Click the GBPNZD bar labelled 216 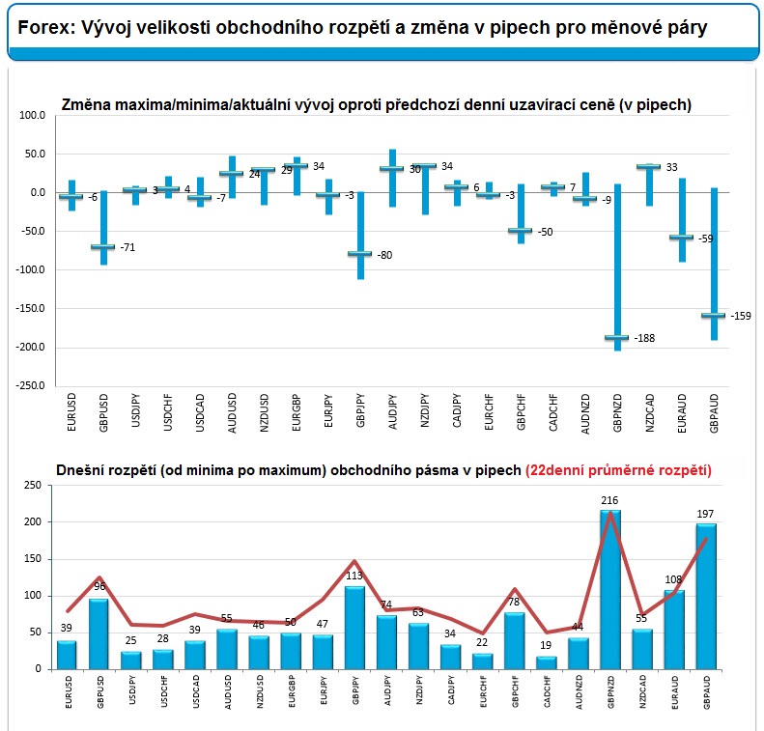[610, 589]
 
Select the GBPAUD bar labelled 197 [706, 596]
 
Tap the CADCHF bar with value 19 [547, 662]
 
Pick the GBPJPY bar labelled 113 [354, 628]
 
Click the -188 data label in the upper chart [644, 338]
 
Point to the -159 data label [741, 316]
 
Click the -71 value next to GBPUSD [127, 247]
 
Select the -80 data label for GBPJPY [384, 255]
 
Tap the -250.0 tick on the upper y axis [30, 385]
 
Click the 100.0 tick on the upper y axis [32, 116]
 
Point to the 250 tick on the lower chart [33, 485]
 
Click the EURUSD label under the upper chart [71, 412]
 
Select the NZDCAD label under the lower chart [642, 691]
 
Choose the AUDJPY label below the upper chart [393, 412]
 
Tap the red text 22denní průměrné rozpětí [619, 470]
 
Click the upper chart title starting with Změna [376, 104]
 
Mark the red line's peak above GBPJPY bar [354, 561]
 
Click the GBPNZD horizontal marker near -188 [617, 338]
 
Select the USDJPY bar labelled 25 [131, 661]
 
